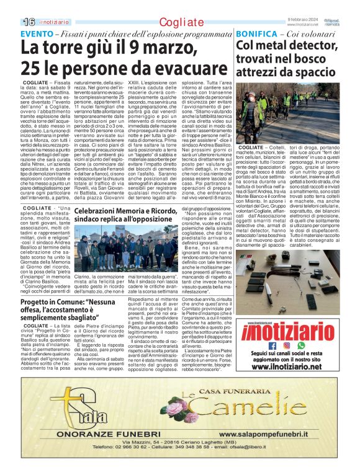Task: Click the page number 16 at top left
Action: pyautogui.click(x=12, y=22)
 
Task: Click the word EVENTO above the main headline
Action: pyautogui.click(x=37, y=32)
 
